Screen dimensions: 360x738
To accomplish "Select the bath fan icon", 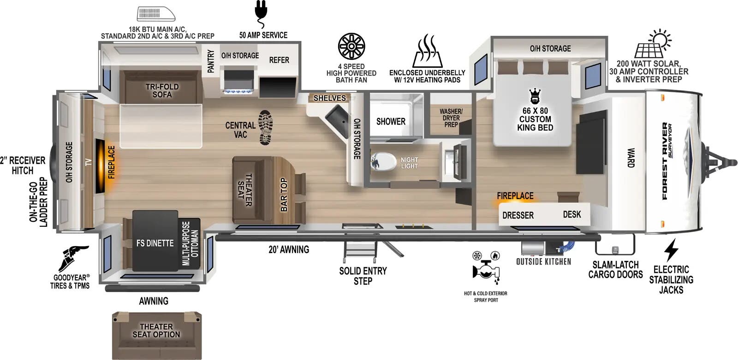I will (351, 47).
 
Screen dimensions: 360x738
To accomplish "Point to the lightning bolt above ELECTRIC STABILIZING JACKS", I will (671, 250).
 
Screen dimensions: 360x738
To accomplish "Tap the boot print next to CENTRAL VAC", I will (265, 127).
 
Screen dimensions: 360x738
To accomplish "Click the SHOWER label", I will (391, 122).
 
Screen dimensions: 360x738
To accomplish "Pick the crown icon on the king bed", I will (535, 96).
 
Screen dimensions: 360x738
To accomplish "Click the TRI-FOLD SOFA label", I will (162, 90).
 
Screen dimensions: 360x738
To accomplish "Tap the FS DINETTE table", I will (155, 243).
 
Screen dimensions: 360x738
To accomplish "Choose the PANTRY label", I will (211, 61).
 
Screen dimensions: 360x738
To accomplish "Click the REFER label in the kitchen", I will (279, 60).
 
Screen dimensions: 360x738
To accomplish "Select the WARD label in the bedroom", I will (631, 158).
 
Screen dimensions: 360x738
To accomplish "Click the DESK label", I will (572, 214).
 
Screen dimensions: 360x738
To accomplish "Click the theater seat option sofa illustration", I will (156, 334).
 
